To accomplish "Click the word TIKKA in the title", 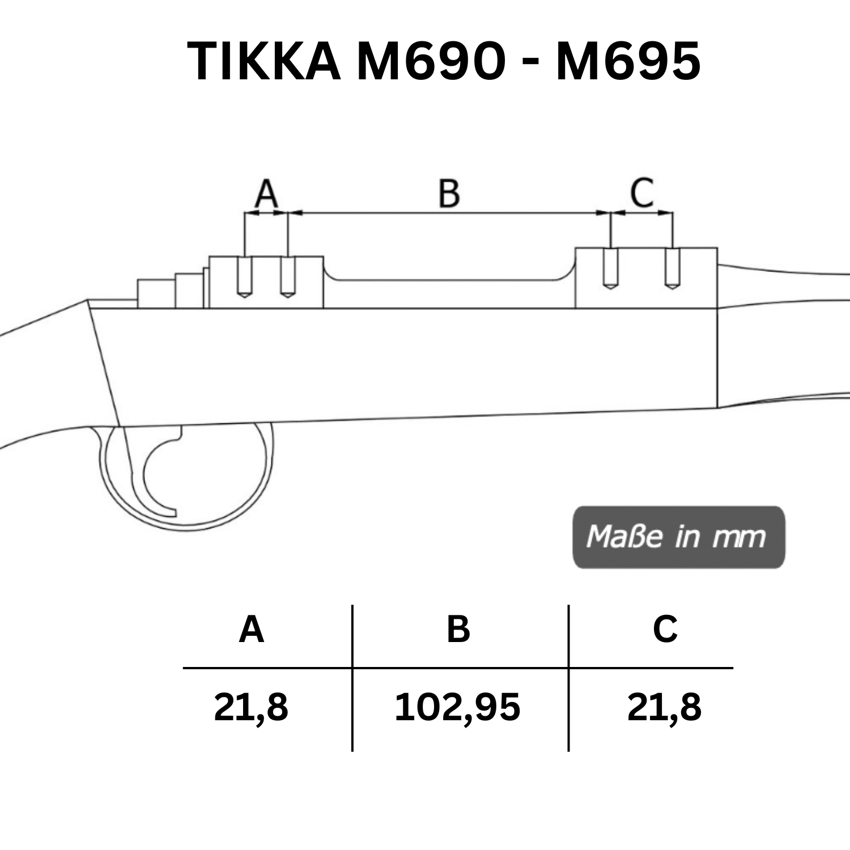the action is (x=263, y=61).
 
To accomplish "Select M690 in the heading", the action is (x=431, y=61).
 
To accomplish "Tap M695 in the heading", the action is (x=628, y=61).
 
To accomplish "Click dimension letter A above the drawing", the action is (x=266, y=193).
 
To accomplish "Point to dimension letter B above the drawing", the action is (x=449, y=193).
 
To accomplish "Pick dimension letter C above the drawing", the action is (x=642, y=193).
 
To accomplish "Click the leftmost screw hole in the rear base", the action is (x=244, y=277).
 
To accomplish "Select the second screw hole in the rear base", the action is (x=288, y=277).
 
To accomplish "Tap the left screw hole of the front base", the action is (x=610, y=269).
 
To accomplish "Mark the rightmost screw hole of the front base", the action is (x=672, y=269).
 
